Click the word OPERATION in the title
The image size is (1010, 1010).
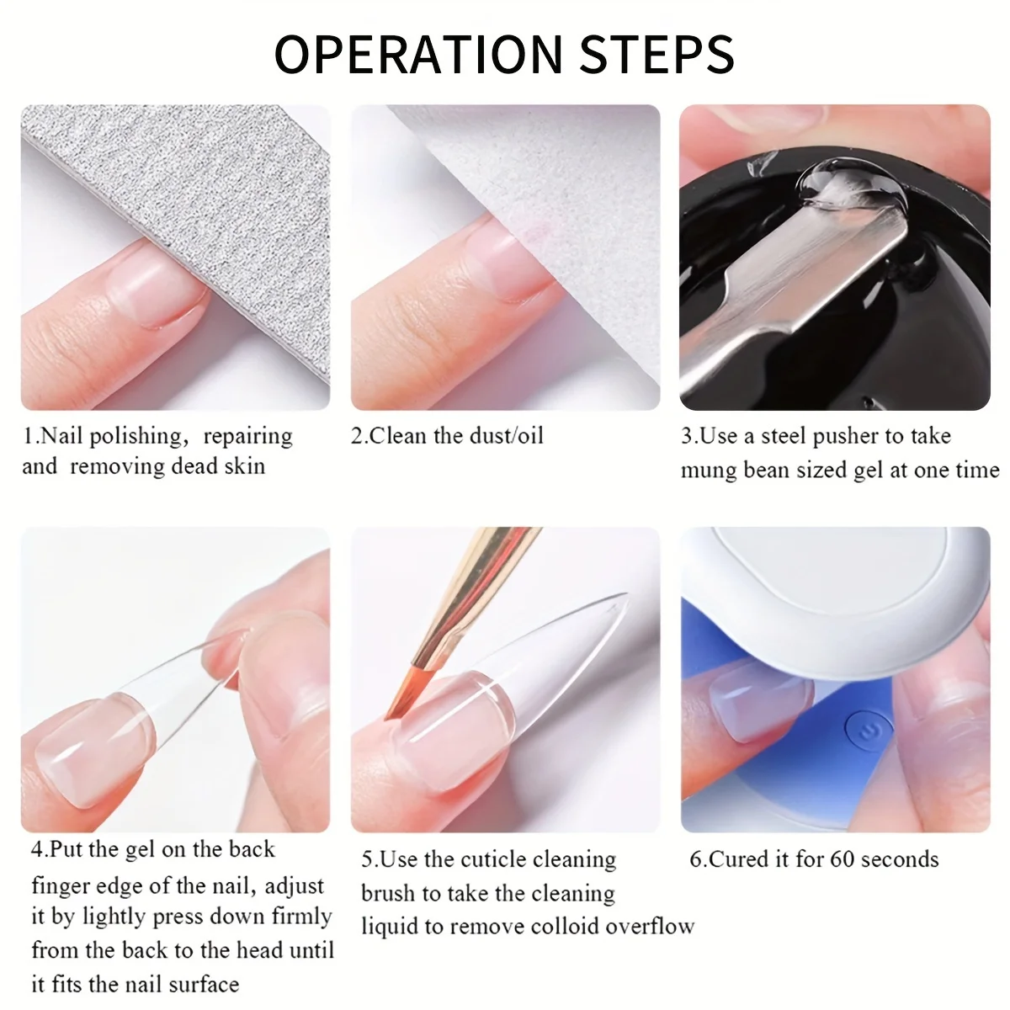pos(417,54)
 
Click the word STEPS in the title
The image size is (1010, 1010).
pos(657,54)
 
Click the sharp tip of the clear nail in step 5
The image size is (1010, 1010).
pos(626,594)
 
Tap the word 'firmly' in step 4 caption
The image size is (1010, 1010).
pos(302,917)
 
